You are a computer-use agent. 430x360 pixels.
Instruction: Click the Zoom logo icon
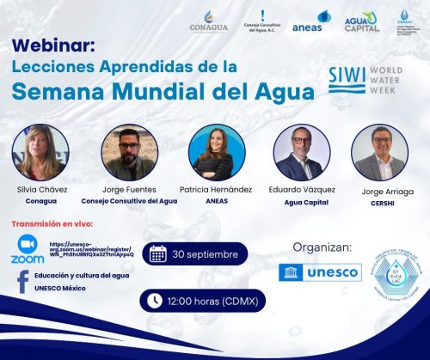click(x=28, y=249)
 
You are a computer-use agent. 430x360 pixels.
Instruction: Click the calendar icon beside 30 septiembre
click(x=158, y=253)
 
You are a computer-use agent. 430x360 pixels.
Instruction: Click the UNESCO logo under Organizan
click(x=322, y=272)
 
